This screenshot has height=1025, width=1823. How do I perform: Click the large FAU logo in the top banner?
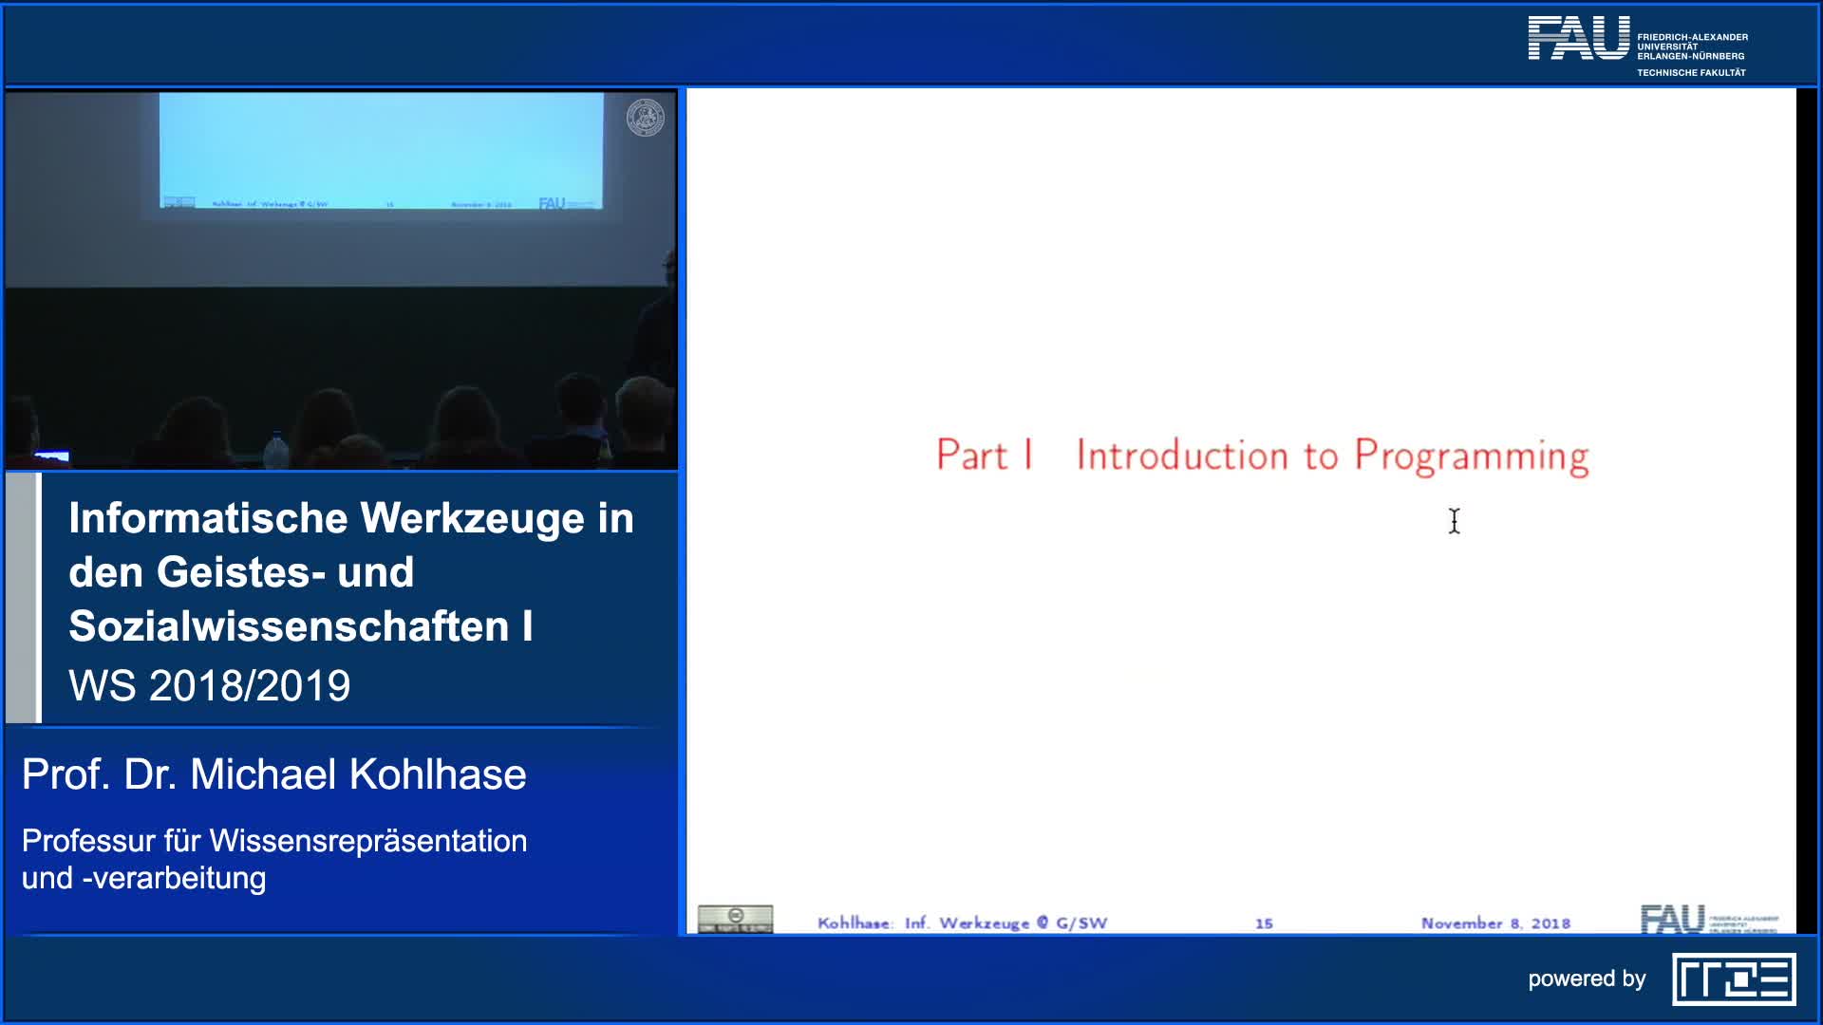(1578, 39)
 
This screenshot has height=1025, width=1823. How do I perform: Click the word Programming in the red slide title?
(1471, 457)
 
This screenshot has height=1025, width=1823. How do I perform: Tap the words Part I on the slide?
(984, 456)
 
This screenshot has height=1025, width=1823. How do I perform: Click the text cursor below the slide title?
(1454, 521)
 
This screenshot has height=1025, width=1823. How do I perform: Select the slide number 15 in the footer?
(1264, 923)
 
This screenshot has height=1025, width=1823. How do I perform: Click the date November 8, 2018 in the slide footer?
(1495, 923)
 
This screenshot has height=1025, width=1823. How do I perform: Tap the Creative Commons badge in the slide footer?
(735, 919)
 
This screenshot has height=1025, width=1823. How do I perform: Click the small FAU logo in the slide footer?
(1672, 919)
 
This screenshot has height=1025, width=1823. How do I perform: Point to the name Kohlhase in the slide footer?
(854, 923)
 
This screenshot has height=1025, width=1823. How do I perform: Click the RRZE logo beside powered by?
(1734, 979)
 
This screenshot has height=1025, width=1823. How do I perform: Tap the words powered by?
(1587, 979)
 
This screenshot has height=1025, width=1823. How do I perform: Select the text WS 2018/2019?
(210, 686)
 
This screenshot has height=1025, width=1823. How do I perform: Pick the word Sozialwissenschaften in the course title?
(289, 627)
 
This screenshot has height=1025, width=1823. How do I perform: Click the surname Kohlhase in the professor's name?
(438, 774)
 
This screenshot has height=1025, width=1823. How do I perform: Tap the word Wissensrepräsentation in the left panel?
(367, 841)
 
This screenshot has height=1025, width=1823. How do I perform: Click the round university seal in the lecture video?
(645, 118)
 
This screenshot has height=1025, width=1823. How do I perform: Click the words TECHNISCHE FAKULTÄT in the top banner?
(1691, 73)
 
